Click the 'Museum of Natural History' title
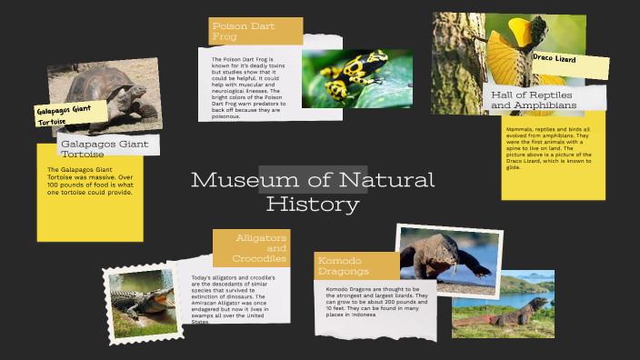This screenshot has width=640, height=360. click(x=313, y=190)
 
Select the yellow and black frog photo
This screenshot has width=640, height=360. click(x=344, y=78)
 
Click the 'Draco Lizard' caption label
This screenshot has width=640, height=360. click(x=555, y=58)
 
